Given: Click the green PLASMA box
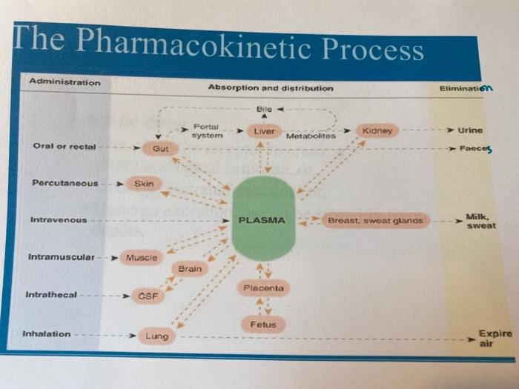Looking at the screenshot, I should [262, 220].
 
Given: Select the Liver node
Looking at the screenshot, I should [264, 131].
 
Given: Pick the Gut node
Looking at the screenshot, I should [160, 149].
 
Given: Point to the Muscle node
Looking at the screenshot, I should [141, 258].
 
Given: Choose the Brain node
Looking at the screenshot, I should [190, 269].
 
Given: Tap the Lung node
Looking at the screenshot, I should [156, 336].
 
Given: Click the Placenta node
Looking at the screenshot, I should [263, 287].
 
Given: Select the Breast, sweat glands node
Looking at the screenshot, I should [375, 220].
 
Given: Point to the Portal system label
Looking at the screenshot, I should [207, 131].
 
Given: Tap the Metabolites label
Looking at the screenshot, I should [311, 136].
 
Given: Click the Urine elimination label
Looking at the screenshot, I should [470, 130].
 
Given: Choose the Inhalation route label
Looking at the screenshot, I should [47, 333].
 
